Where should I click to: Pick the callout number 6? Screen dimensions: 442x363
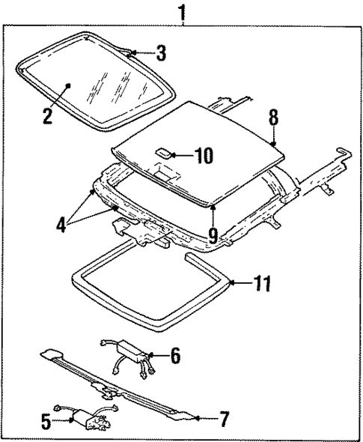pos(174,356)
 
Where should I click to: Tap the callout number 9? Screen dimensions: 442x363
pos(213,236)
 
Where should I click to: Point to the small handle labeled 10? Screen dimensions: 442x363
pos(162,154)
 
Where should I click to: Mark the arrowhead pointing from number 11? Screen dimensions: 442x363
pos(231,283)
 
